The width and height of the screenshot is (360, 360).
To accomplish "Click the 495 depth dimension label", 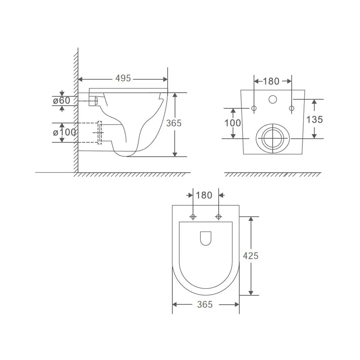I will coord(123,78).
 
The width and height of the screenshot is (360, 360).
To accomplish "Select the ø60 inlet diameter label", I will coord(61,100).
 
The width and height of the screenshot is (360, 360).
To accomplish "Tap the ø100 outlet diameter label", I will coord(64,132).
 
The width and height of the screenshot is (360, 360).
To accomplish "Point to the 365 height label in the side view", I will coord(174,123).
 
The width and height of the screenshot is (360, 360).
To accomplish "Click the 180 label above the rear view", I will coord(271,81).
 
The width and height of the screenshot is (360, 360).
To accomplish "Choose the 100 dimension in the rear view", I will coord(232,122).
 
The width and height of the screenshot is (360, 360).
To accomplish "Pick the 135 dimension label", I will coord(314,119).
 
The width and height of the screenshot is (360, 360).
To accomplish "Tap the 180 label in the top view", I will coord(205,196).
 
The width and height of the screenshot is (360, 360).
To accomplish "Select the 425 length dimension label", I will coord(251,256).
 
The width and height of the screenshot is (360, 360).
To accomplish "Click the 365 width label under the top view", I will coord(205,304).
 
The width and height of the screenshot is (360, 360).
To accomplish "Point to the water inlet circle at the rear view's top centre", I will coord(274,99).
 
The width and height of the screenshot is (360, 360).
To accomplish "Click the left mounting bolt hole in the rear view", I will coord(254,108).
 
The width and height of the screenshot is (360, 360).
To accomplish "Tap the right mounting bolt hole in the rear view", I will coord(291,108).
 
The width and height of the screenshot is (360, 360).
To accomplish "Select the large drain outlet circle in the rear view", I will coord(271,137).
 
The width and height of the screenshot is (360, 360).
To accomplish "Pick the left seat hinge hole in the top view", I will coord(193,217).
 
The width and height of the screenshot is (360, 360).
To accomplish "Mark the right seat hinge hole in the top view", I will coord(218,217).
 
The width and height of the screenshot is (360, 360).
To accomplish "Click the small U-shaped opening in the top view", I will coord(205,238).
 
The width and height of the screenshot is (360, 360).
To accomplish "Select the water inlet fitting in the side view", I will coord(94,101).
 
